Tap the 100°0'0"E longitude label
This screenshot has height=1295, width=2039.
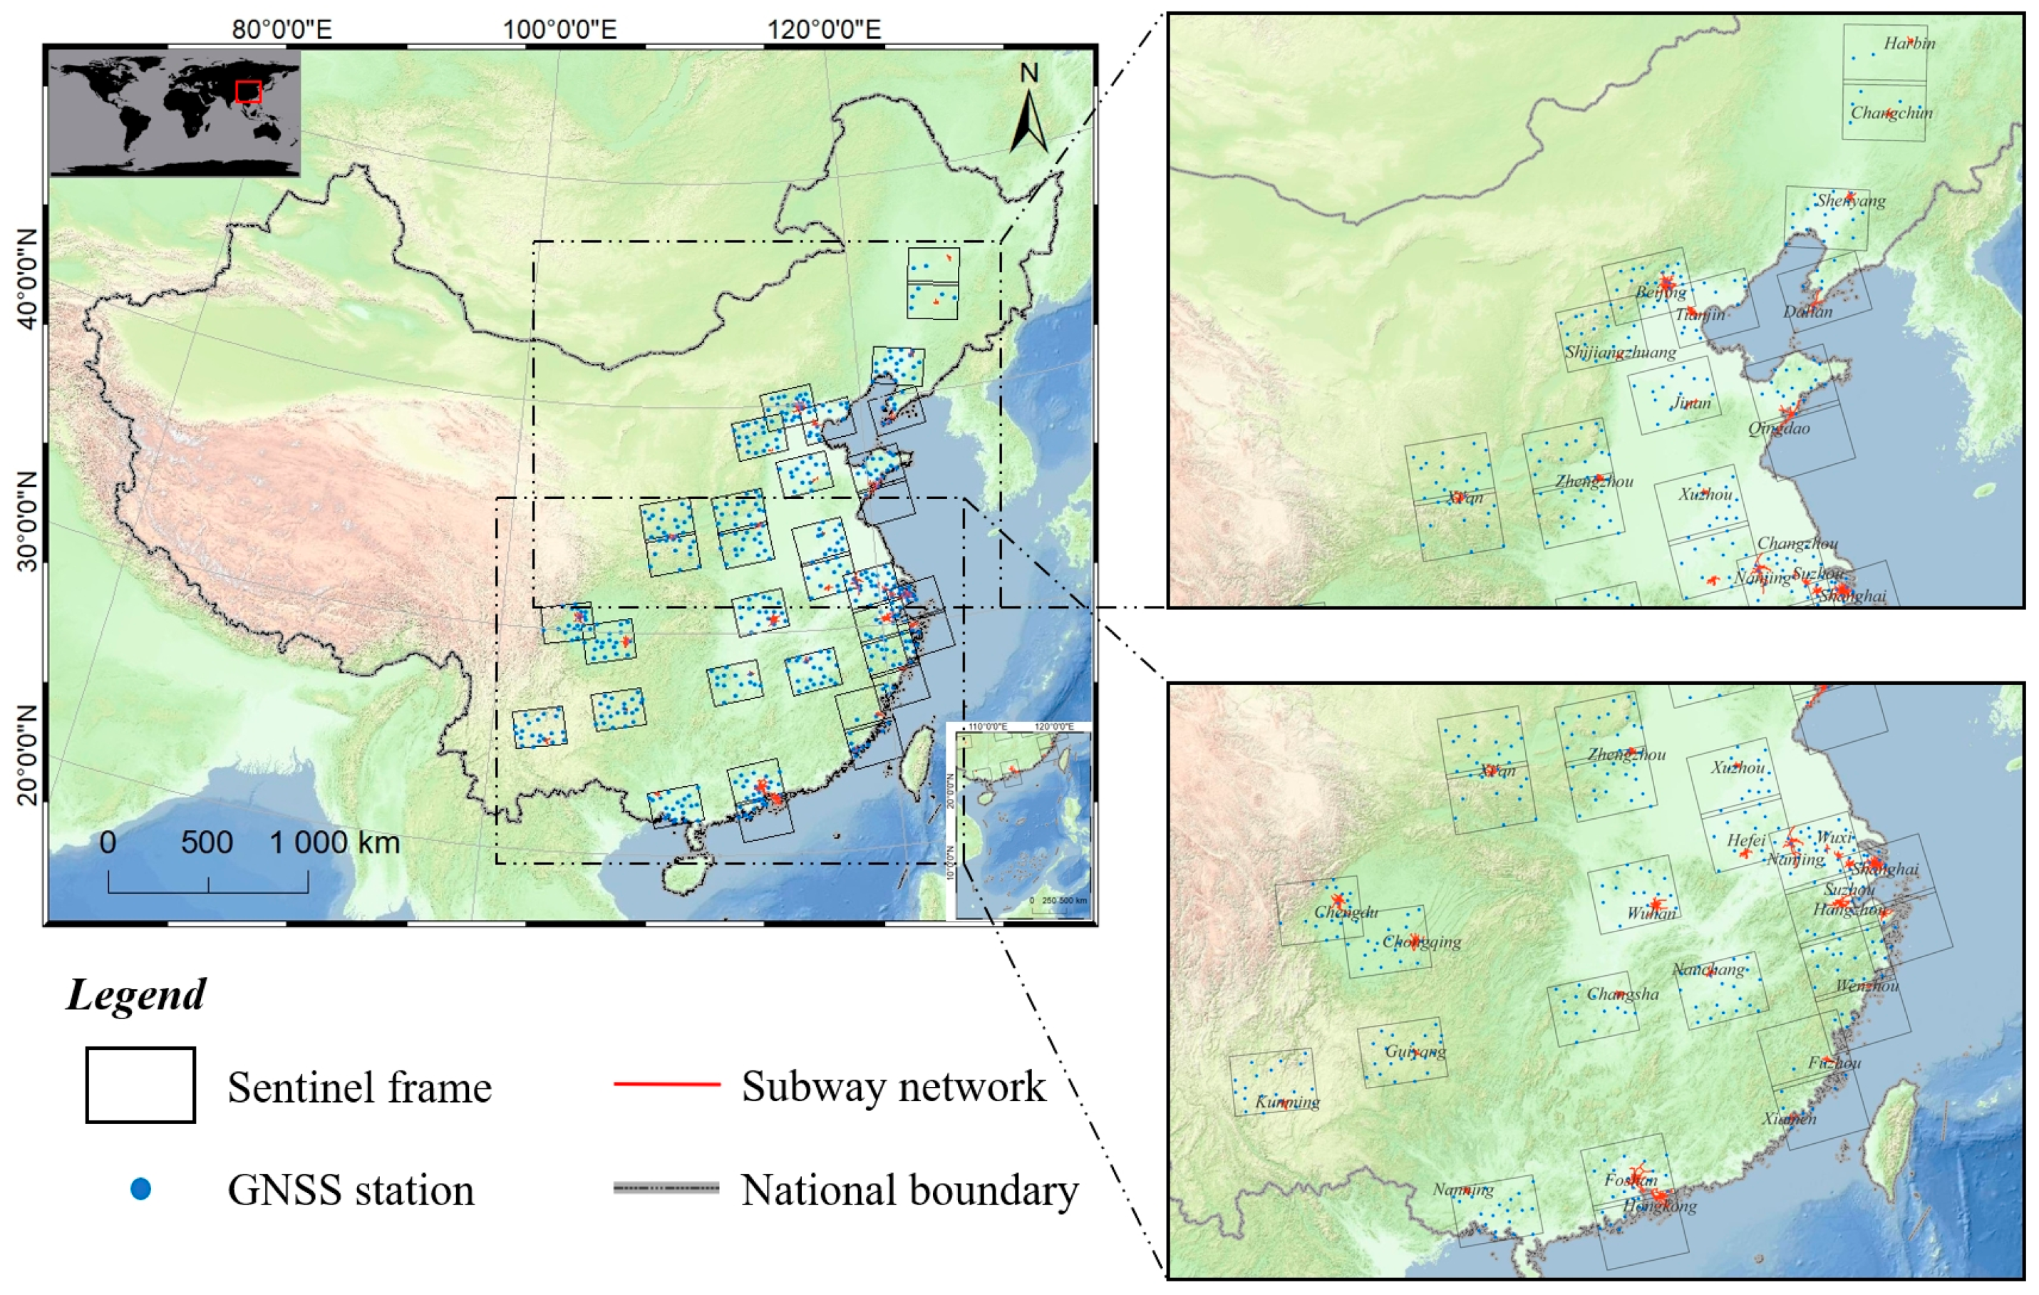[559, 30]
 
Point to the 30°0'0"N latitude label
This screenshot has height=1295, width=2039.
[27, 521]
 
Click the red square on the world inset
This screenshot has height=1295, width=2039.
[248, 91]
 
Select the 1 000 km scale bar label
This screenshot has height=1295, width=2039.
[334, 842]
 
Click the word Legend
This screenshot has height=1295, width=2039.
[136, 994]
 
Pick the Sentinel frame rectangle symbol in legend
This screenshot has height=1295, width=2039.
[140, 1085]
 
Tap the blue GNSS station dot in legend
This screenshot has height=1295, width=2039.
[140, 1189]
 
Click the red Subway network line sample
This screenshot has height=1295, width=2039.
[666, 1084]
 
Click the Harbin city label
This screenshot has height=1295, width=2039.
[1909, 43]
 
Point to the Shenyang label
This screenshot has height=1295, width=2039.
[1850, 201]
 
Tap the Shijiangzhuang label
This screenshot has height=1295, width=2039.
[1620, 352]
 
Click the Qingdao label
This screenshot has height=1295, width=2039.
[1779, 428]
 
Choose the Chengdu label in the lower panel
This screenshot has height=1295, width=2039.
[1346, 912]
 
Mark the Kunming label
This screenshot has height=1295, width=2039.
[1287, 1102]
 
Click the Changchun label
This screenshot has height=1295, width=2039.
[1891, 113]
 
